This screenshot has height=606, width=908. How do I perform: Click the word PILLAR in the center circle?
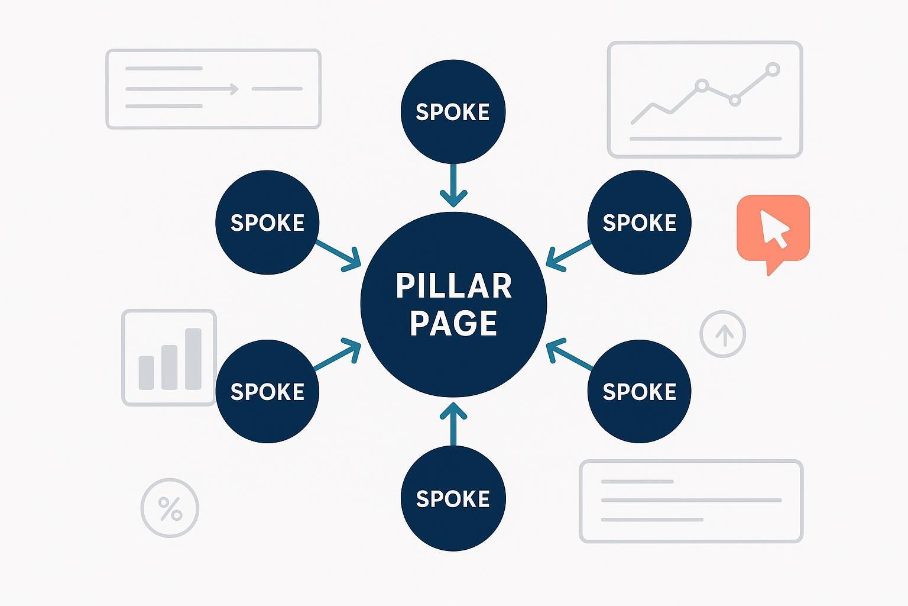[453, 286]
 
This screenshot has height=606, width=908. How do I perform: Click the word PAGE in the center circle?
[453, 323]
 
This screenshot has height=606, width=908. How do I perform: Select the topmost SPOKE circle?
[453, 112]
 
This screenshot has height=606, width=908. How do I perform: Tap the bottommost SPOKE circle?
[453, 498]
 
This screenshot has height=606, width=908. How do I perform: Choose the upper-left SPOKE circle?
[267, 223]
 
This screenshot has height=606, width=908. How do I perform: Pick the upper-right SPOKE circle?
[639, 223]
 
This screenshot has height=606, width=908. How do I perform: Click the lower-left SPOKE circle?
[267, 391]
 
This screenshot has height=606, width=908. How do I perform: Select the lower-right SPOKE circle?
[639, 391]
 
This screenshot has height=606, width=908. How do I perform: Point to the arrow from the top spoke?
[453, 185]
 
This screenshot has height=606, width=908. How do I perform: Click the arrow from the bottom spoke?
[453, 423]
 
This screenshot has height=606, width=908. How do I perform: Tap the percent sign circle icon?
[170, 508]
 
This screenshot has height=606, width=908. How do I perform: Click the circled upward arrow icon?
[722, 334]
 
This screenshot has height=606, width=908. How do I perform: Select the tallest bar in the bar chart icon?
[193, 359]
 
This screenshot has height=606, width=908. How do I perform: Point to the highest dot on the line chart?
[772, 70]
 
